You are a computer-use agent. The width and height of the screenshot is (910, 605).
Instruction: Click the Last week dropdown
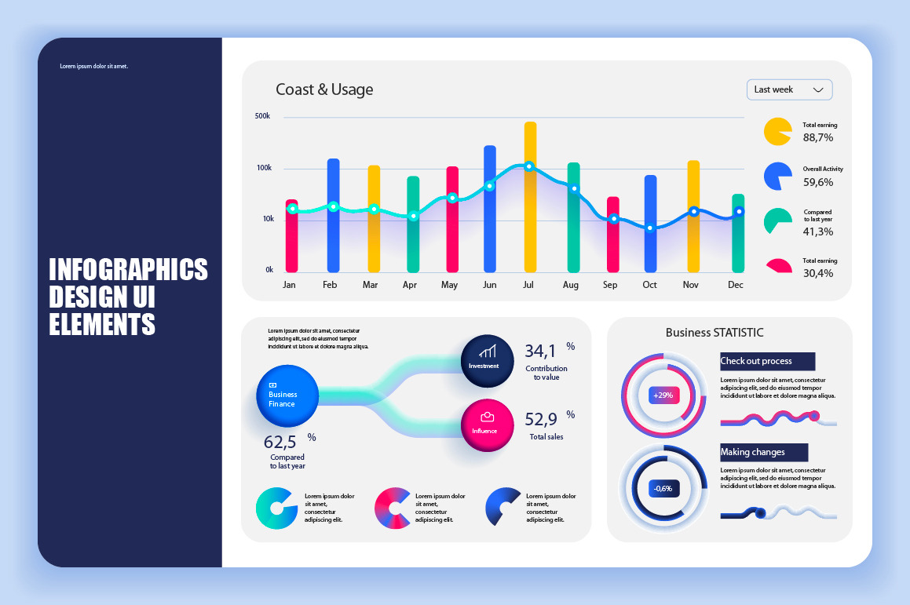pyautogui.click(x=789, y=89)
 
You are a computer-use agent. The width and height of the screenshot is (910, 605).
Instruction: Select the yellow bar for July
pyautogui.click(x=530, y=196)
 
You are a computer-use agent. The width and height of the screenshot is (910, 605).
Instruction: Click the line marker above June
pyautogui.click(x=489, y=186)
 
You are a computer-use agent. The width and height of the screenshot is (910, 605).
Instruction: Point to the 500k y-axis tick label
pyautogui.click(x=262, y=116)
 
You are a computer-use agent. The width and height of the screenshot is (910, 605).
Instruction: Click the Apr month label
pyautogui.click(x=410, y=285)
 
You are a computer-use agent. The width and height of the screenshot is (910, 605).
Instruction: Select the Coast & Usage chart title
pyautogui.click(x=324, y=89)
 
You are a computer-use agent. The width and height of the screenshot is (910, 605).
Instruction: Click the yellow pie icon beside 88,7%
pyautogui.click(x=777, y=131)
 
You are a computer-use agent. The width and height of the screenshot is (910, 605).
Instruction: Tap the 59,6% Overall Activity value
pyautogui.click(x=818, y=182)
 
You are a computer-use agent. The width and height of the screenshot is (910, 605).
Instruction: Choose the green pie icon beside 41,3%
pyautogui.click(x=777, y=221)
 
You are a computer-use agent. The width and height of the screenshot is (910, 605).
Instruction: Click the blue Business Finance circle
pyautogui.click(x=287, y=396)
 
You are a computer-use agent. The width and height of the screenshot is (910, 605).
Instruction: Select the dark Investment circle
pyautogui.click(x=487, y=361)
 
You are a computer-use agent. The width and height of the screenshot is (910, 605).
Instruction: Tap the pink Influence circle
pyautogui.click(x=487, y=425)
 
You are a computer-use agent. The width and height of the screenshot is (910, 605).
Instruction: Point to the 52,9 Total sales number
pyautogui.click(x=541, y=419)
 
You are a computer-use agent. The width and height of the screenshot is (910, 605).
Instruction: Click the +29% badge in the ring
pyautogui.click(x=664, y=395)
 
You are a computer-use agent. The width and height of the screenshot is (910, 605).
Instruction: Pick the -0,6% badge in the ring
pyautogui.click(x=663, y=488)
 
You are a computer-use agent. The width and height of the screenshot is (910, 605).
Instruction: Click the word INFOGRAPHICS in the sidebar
pyautogui.click(x=129, y=269)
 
